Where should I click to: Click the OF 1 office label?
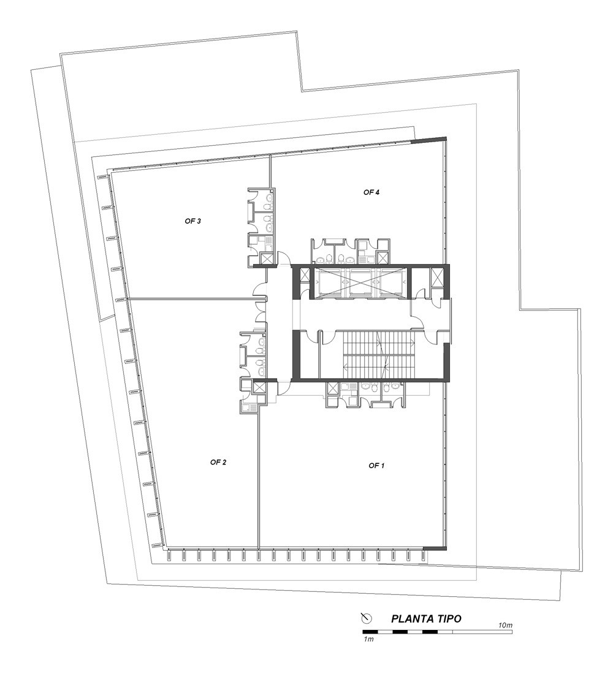pos(376,466)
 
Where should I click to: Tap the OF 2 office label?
pos(218,462)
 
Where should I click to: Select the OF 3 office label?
pos(192,221)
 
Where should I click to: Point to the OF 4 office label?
pos(371,192)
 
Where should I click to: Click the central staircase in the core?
pos(379,352)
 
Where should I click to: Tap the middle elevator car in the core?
pos(361,282)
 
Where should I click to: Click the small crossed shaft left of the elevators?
pos(305,276)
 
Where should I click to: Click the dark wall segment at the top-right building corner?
pos(429,140)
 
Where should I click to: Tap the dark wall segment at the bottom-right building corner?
pos(435,548)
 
